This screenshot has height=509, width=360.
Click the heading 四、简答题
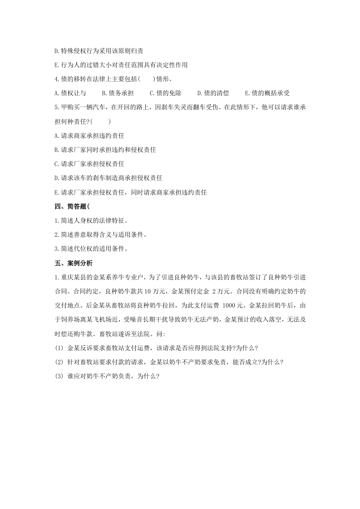tap(71, 207)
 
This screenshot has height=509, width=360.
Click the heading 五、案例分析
tap(74, 263)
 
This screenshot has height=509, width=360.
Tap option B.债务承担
tap(118, 93)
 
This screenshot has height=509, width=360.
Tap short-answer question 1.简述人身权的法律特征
tap(91, 221)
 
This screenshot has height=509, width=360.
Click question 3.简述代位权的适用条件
tap(91, 249)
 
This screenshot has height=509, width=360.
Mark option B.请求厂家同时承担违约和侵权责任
tap(105, 149)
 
